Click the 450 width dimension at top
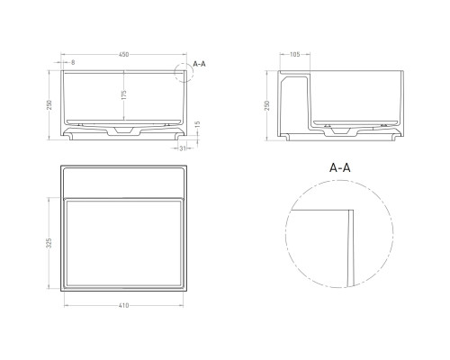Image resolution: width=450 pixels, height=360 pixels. pos(124,55)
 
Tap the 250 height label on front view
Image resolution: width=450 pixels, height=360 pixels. pos(50,104)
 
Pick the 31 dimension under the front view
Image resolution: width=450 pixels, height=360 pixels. pos(184,149)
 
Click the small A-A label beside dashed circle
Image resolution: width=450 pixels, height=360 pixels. pos(200,65)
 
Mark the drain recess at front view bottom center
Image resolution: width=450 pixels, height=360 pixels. pos(123,131)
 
